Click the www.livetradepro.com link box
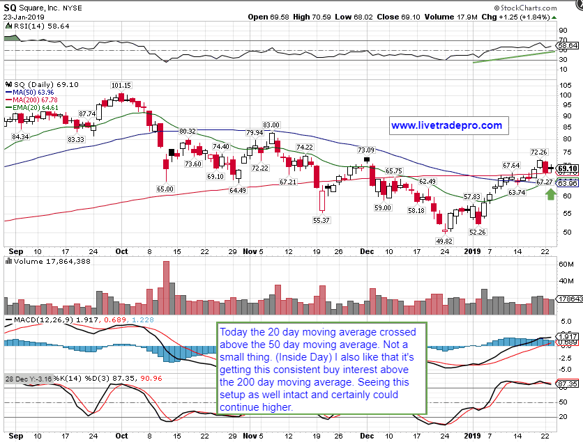coord(446,126)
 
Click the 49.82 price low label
coord(444,240)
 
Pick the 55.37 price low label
coord(321,219)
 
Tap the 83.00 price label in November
coord(271,125)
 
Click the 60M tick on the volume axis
coord(566,265)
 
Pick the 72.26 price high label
coord(538,152)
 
